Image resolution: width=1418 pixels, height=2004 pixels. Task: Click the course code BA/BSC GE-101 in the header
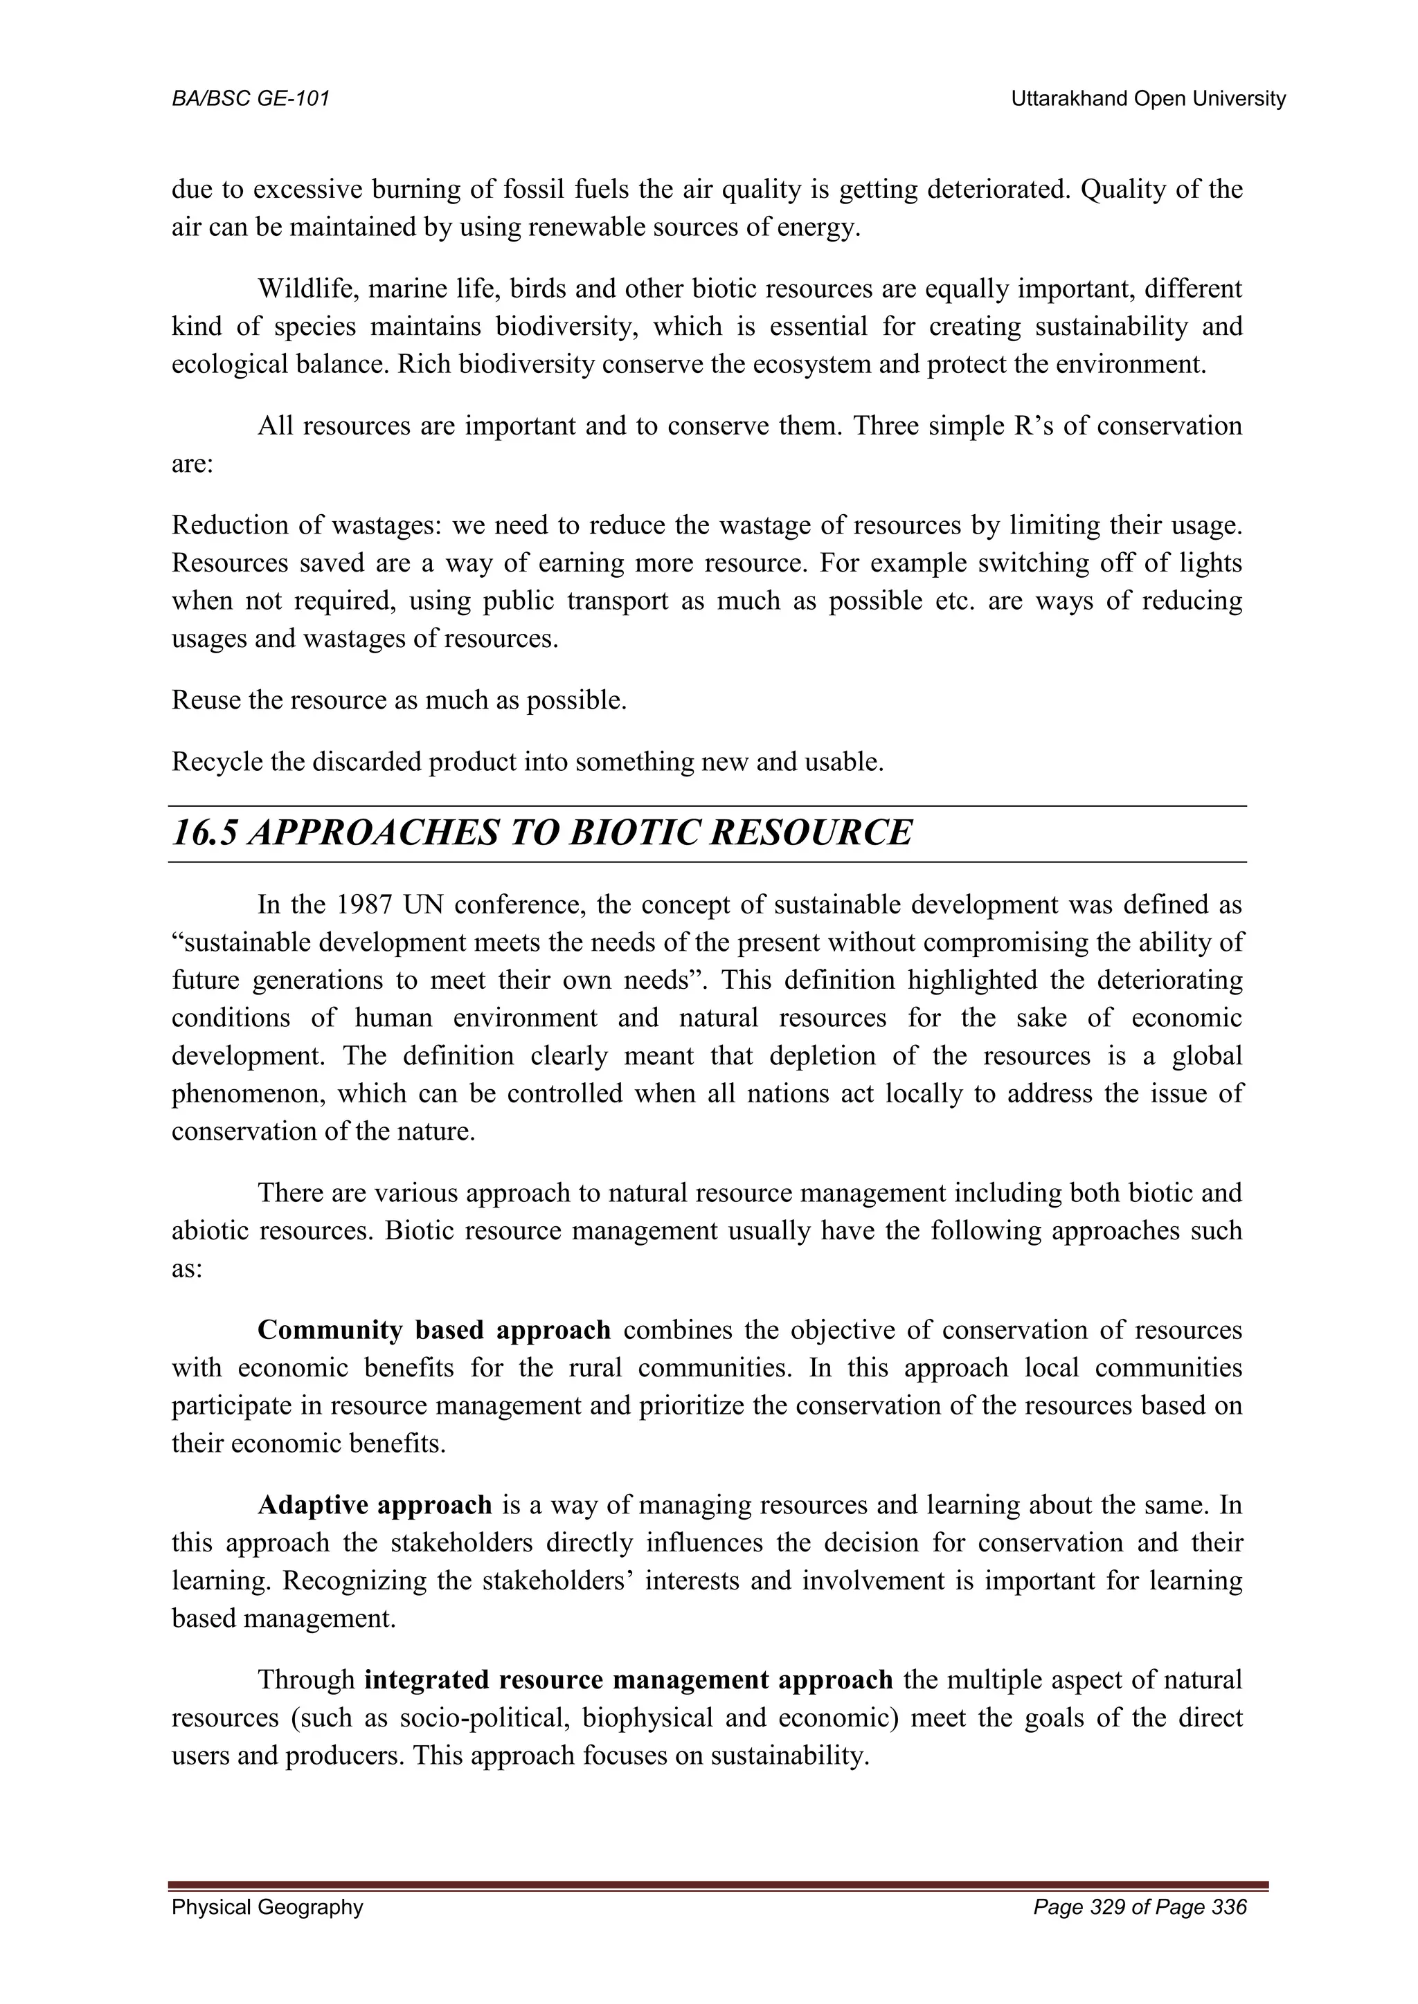[251, 100]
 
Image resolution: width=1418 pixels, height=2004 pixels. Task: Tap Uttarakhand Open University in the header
[1147, 100]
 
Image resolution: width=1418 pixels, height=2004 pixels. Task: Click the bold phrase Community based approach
[434, 1330]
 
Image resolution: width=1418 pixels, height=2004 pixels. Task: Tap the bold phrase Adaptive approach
[375, 1506]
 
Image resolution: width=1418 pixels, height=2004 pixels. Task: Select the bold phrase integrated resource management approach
[629, 1680]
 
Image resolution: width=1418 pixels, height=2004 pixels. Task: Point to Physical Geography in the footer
[267, 1931]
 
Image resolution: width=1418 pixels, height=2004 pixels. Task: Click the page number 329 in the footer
[1108, 1931]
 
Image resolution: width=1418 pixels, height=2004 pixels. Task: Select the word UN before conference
[424, 905]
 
